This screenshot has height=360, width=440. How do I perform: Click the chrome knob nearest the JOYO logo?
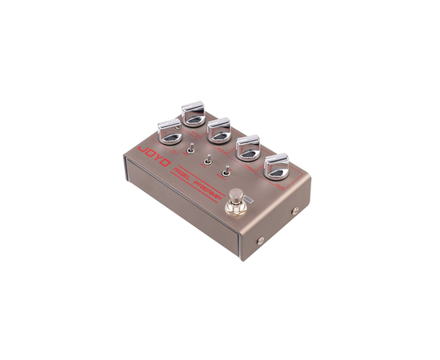click(x=169, y=127)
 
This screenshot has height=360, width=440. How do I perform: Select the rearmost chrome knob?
click(x=194, y=113)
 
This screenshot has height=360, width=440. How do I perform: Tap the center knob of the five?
click(x=219, y=130)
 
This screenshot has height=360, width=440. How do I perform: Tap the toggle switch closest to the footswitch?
click(x=226, y=170)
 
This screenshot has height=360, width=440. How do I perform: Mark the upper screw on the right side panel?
click(x=295, y=211)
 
